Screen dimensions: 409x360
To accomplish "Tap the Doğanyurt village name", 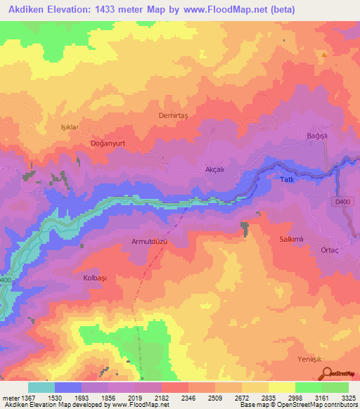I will pos(108,143).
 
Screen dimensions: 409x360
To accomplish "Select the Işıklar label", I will pos(68,127).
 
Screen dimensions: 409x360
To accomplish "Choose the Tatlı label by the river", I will pos(288,179).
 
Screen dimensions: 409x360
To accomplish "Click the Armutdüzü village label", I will pos(148,241).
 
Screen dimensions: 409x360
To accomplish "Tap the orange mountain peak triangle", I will pos(323,55).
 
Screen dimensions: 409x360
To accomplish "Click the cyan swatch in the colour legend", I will pos(41,387).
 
